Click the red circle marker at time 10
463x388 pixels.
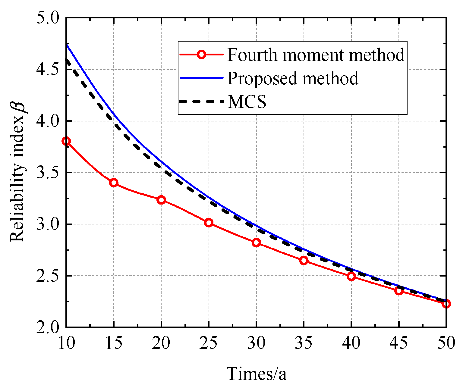[66, 141]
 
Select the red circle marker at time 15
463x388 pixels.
[114, 183]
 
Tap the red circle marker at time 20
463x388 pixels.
[161, 200]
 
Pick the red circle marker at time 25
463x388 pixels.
[209, 223]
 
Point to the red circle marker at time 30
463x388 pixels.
[256, 242]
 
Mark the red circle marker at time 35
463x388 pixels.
[304, 261]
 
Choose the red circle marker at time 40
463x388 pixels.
[351, 276]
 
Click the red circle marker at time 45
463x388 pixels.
[398, 291]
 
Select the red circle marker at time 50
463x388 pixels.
[446, 304]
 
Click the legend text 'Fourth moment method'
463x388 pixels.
[316, 55]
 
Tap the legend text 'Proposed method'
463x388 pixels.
[293, 78]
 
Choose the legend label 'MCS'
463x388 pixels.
[247, 102]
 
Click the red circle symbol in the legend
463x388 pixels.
[201, 55]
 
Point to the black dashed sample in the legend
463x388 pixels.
[201, 102]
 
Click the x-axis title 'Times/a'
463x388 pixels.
[257, 374]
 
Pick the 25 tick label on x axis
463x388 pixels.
[209, 343]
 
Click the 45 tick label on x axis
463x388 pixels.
[398, 343]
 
